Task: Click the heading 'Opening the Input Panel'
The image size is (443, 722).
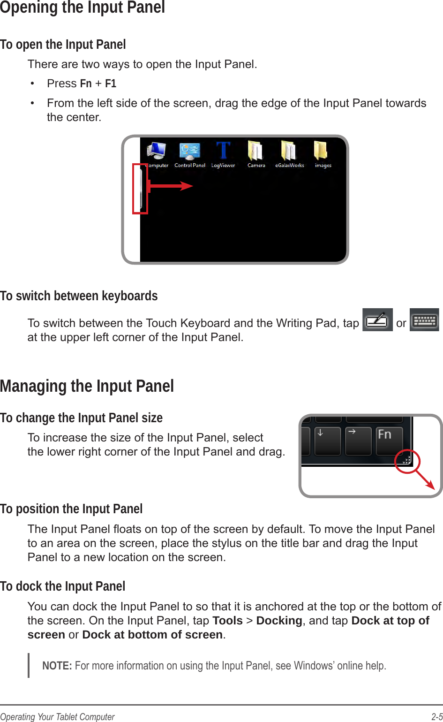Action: pyautogui.click(x=83, y=8)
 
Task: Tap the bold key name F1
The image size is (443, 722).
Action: pyautogui.click(x=111, y=84)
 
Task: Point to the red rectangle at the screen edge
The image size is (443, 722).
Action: pyautogui.click(x=140, y=189)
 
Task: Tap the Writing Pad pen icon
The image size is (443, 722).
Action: pyautogui.click(x=377, y=320)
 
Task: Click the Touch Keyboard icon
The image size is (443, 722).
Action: pyautogui.click(x=424, y=320)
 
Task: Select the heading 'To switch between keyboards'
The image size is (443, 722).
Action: pyautogui.click(x=79, y=296)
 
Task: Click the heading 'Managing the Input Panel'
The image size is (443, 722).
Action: pyautogui.click(x=87, y=386)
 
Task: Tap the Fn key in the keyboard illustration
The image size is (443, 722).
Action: pyautogui.click(x=389, y=440)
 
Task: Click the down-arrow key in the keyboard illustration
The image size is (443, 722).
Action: pyautogui.click(x=327, y=440)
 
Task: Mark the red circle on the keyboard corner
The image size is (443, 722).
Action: pyautogui.click(x=406, y=461)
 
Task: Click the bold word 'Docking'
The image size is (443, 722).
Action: pyautogui.click(x=279, y=621)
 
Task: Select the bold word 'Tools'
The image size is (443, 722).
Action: pyautogui.click(x=227, y=621)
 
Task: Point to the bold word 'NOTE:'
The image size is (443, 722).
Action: pyautogui.click(x=57, y=666)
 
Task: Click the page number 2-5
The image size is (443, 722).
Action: pyautogui.click(x=437, y=716)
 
